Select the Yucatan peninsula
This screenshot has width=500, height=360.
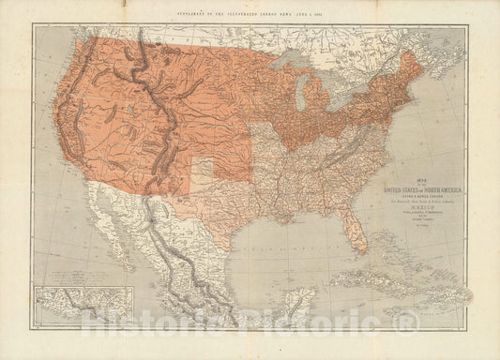click(x=298, y=301)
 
